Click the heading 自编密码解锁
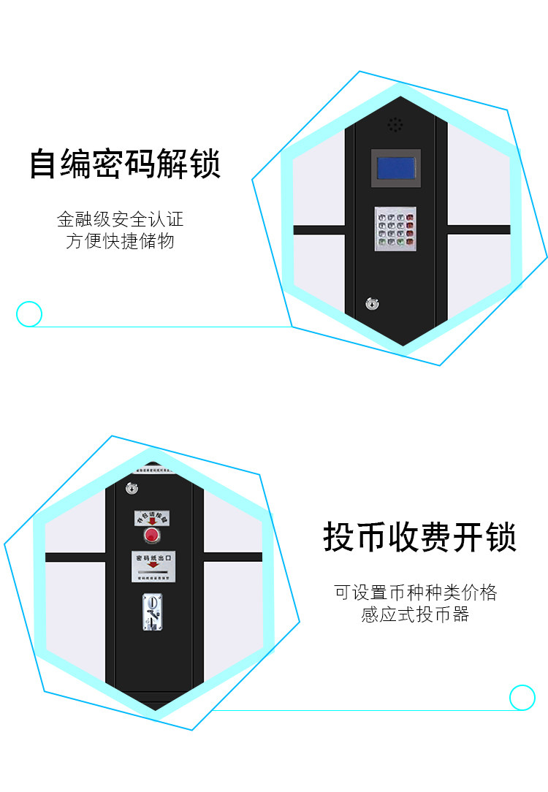pyautogui.click(x=125, y=164)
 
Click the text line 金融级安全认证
pyautogui.click(x=121, y=219)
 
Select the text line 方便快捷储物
pyautogui.click(x=121, y=242)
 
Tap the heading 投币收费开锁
pyautogui.click(x=420, y=538)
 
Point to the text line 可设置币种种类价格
pyautogui.click(x=415, y=593)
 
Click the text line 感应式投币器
pyautogui.click(x=415, y=615)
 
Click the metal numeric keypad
pyautogui.click(x=395, y=228)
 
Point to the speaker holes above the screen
pyautogui.click(x=395, y=125)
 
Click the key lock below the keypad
pyautogui.click(x=373, y=302)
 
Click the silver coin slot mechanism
pyautogui.click(x=153, y=611)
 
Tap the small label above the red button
pyautogui.click(x=151, y=519)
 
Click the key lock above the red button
pyautogui.click(x=132, y=488)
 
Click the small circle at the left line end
pyautogui.click(x=29, y=314)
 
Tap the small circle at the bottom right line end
pyautogui.click(x=522, y=697)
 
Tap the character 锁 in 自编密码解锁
pyautogui.click(x=205, y=164)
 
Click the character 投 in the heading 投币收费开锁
pyautogui.click(x=339, y=538)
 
